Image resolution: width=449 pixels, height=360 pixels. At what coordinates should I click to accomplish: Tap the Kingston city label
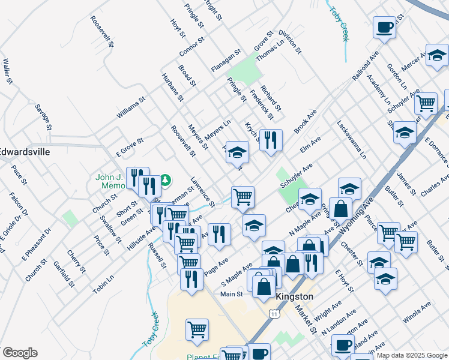(294, 296)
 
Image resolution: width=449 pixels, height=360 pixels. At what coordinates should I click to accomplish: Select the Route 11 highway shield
(274, 313)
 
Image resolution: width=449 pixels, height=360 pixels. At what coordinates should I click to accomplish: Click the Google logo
(20, 353)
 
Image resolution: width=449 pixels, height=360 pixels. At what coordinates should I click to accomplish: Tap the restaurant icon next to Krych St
(271, 140)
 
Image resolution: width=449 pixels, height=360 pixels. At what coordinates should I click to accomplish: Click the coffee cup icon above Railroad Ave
(384, 26)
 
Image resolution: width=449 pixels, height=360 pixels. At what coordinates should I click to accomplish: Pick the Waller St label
(8, 71)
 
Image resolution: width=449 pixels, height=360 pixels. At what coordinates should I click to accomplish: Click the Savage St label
(44, 116)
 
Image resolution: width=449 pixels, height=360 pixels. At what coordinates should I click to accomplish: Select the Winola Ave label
(417, 313)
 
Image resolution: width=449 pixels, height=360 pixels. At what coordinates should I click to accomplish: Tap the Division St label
(289, 43)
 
